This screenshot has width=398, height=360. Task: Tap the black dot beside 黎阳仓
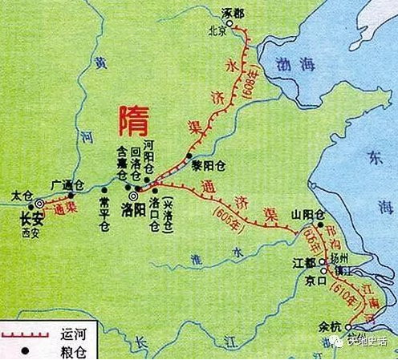point(189,154)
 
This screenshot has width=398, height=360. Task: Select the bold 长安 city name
point(30,217)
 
